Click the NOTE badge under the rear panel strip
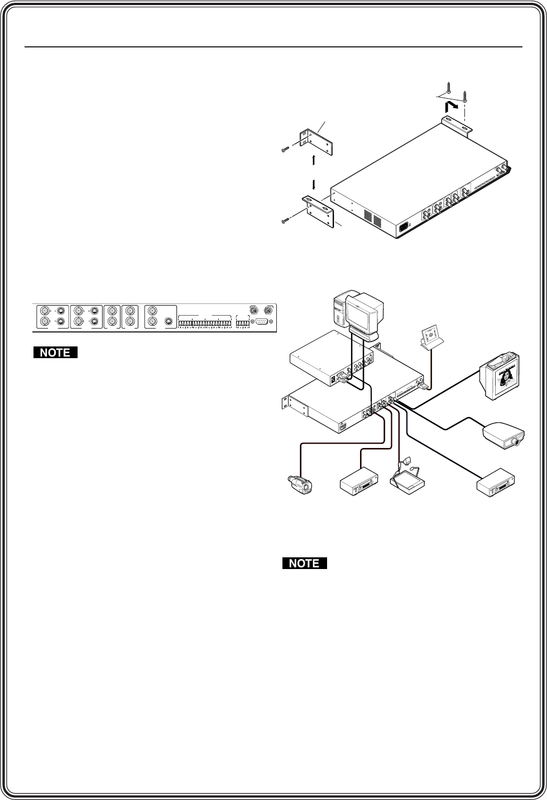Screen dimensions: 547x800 [x=55, y=353]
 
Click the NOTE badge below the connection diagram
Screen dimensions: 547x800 [x=305, y=563]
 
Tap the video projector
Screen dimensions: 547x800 [x=504, y=435]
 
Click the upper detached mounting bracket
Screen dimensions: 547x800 [x=316, y=143]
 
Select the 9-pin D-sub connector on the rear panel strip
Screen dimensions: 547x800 [x=260, y=322]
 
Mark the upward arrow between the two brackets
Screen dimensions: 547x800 [x=314, y=159]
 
